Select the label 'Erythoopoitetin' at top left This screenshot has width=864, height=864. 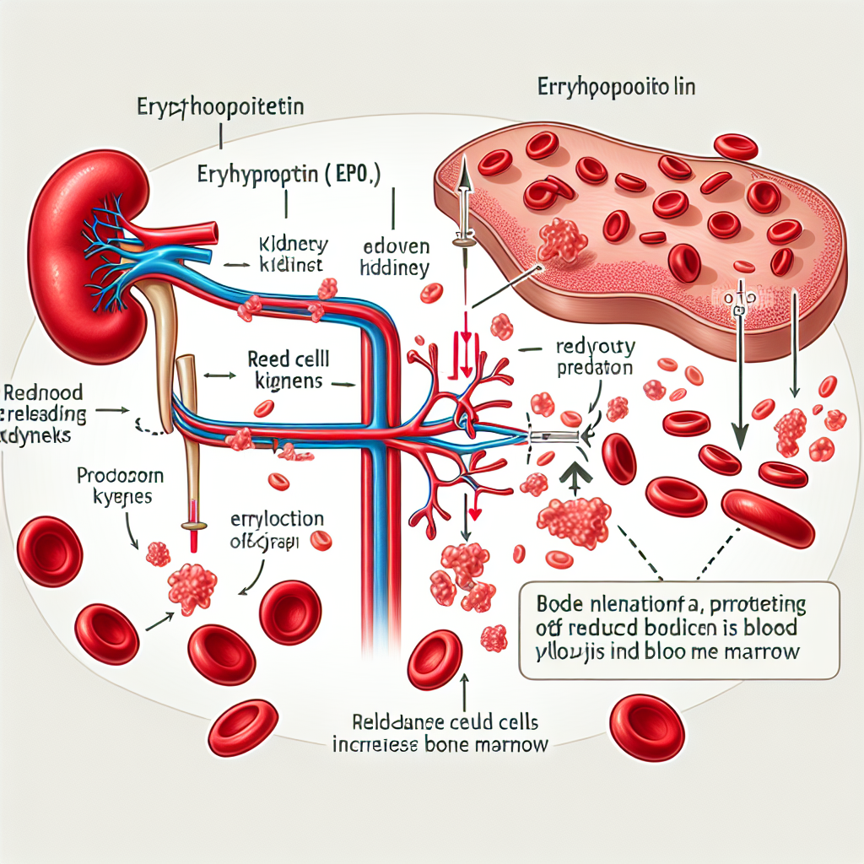click(x=219, y=107)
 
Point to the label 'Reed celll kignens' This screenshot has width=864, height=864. click(x=286, y=370)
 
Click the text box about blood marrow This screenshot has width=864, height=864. click(x=678, y=629)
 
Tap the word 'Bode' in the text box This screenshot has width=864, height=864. click(x=561, y=606)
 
